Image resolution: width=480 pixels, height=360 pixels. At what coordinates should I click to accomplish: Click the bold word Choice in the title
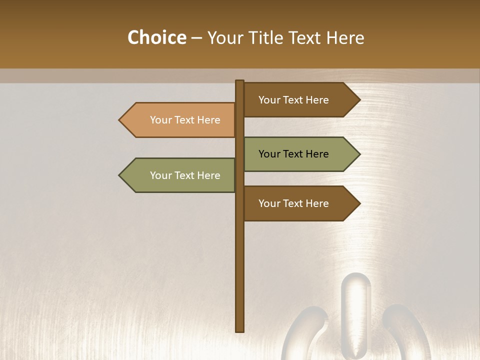click(x=156, y=37)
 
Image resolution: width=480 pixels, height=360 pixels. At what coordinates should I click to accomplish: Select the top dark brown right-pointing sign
click(x=300, y=100)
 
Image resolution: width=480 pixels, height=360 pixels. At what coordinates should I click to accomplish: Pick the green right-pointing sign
click(x=300, y=154)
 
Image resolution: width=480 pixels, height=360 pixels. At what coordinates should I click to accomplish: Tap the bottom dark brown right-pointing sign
click(x=300, y=203)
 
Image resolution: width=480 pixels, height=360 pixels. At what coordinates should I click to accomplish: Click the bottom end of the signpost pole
click(x=239, y=330)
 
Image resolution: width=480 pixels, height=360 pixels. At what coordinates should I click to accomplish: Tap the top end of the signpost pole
click(x=239, y=82)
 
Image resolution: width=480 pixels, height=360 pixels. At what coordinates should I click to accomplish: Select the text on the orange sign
click(x=185, y=120)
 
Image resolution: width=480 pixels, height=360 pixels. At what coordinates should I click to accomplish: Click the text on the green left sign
click(x=185, y=175)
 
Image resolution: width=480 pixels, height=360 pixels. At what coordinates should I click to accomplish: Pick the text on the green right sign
click(x=293, y=154)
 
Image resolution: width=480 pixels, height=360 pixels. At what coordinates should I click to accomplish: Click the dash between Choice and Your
click(x=196, y=38)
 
